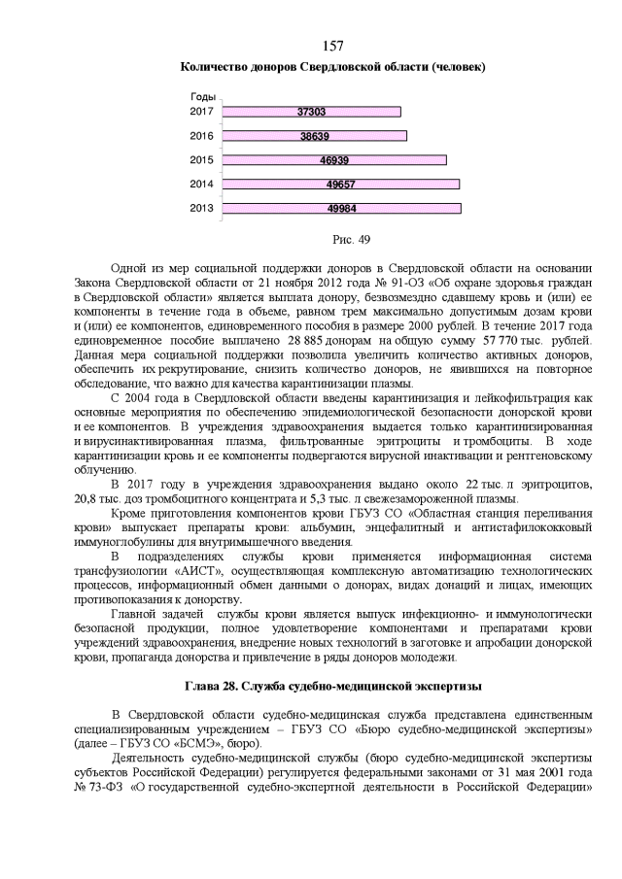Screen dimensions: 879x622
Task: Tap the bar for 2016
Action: click(314, 136)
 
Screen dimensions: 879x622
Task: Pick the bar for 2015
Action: click(334, 160)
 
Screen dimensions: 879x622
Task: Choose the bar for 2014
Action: click(340, 184)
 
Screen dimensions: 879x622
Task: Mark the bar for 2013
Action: click(341, 208)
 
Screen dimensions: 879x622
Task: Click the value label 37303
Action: click(311, 112)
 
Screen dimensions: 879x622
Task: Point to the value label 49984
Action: click(341, 208)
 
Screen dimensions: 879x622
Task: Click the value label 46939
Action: click(334, 160)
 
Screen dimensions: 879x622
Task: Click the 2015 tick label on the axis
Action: click(201, 160)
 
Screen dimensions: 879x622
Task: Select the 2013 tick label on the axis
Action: click(201, 208)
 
